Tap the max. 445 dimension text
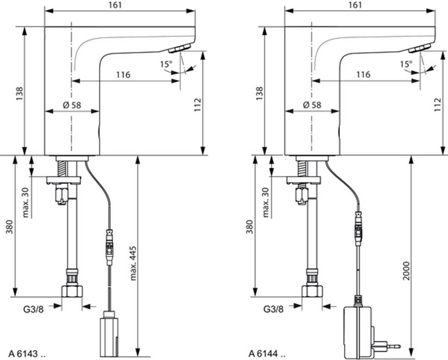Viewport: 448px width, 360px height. (x=133, y=263)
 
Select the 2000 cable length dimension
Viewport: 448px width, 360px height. (x=406, y=271)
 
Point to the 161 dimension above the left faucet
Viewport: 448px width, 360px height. (x=115, y=5)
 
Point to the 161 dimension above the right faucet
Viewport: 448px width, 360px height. (x=355, y=5)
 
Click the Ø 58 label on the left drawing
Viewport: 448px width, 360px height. (x=72, y=105)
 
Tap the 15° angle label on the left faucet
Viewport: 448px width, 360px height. (x=167, y=64)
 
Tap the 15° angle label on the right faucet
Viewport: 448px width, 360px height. (x=406, y=64)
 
